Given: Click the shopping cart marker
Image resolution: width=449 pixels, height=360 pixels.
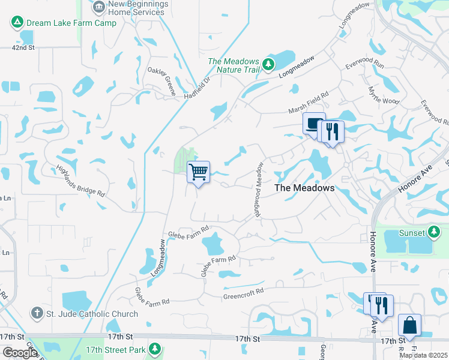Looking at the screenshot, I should point(199,172).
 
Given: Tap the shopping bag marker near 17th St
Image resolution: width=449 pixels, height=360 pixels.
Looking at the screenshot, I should point(409,326).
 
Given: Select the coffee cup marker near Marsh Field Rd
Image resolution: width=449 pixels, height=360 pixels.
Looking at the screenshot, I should point(313,124).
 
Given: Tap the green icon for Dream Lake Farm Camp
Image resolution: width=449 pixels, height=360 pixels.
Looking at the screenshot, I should point(17,23).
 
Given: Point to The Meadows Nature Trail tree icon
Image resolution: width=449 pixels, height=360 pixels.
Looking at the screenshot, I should point(268,64).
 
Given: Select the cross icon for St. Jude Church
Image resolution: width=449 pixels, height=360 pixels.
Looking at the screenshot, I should point(37,313).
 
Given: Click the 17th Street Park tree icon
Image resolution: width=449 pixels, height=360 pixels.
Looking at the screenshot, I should point(155,349).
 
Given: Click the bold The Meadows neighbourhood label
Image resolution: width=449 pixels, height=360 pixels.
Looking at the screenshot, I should point(304,188).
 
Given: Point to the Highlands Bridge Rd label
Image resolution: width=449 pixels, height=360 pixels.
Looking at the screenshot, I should point(80,182).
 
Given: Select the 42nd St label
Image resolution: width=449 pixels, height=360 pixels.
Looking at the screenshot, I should point(23,47).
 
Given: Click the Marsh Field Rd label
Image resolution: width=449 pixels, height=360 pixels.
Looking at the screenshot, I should point(309,101).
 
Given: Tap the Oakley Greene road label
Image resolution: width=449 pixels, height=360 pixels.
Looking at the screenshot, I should point(162,81).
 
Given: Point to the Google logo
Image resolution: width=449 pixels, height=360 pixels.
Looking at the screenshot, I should point(20,353).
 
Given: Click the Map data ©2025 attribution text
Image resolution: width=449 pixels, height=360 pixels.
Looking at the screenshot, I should point(424,355).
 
